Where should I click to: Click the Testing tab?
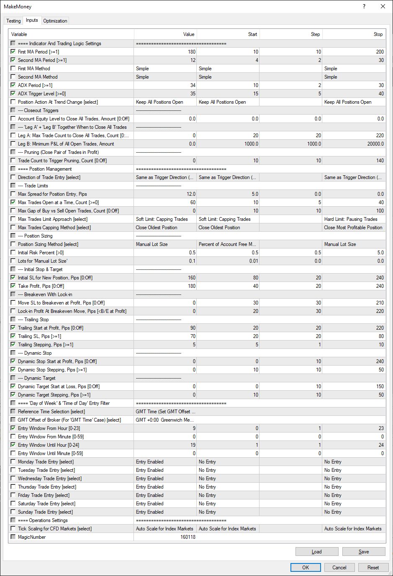pos(13,21)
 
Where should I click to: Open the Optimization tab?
pos(55,21)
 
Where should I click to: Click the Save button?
pos(363,552)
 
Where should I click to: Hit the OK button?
pos(306,568)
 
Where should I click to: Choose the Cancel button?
pos(339,568)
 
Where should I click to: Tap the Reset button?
pos(373,568)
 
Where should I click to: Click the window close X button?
pos(383,7)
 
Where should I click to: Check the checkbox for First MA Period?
pos(13,52)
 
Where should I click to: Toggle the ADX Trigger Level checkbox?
pos(13,94)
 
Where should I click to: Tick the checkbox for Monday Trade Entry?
pos(13,462)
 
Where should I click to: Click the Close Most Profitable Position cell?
pos(353,228)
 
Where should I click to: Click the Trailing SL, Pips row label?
pos(39,336)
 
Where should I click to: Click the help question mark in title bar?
pos(364,7)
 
